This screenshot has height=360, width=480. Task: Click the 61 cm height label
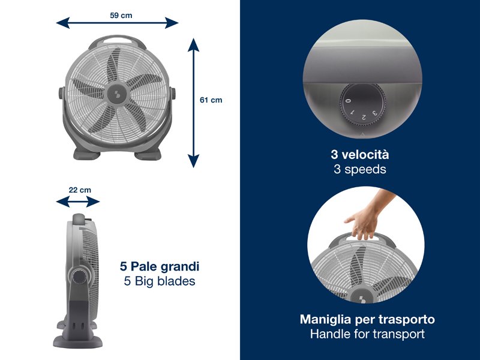[x=211, y=100]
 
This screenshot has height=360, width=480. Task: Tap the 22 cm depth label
[x=80, y=190]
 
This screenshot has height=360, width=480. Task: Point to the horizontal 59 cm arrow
[x=118, y=23]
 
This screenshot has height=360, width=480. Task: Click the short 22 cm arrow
[x=78, y=202]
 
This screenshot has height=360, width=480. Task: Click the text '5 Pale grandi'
[x=160, y=266]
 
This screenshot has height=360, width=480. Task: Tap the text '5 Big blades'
[x=160, y=281]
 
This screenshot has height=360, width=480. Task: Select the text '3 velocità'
[x=360, y=155]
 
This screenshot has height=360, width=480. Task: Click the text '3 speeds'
[x=360, y=169]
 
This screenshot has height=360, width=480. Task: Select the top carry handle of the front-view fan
[x=118, y=42]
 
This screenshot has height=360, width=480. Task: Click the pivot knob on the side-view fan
[x=78, y=275]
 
